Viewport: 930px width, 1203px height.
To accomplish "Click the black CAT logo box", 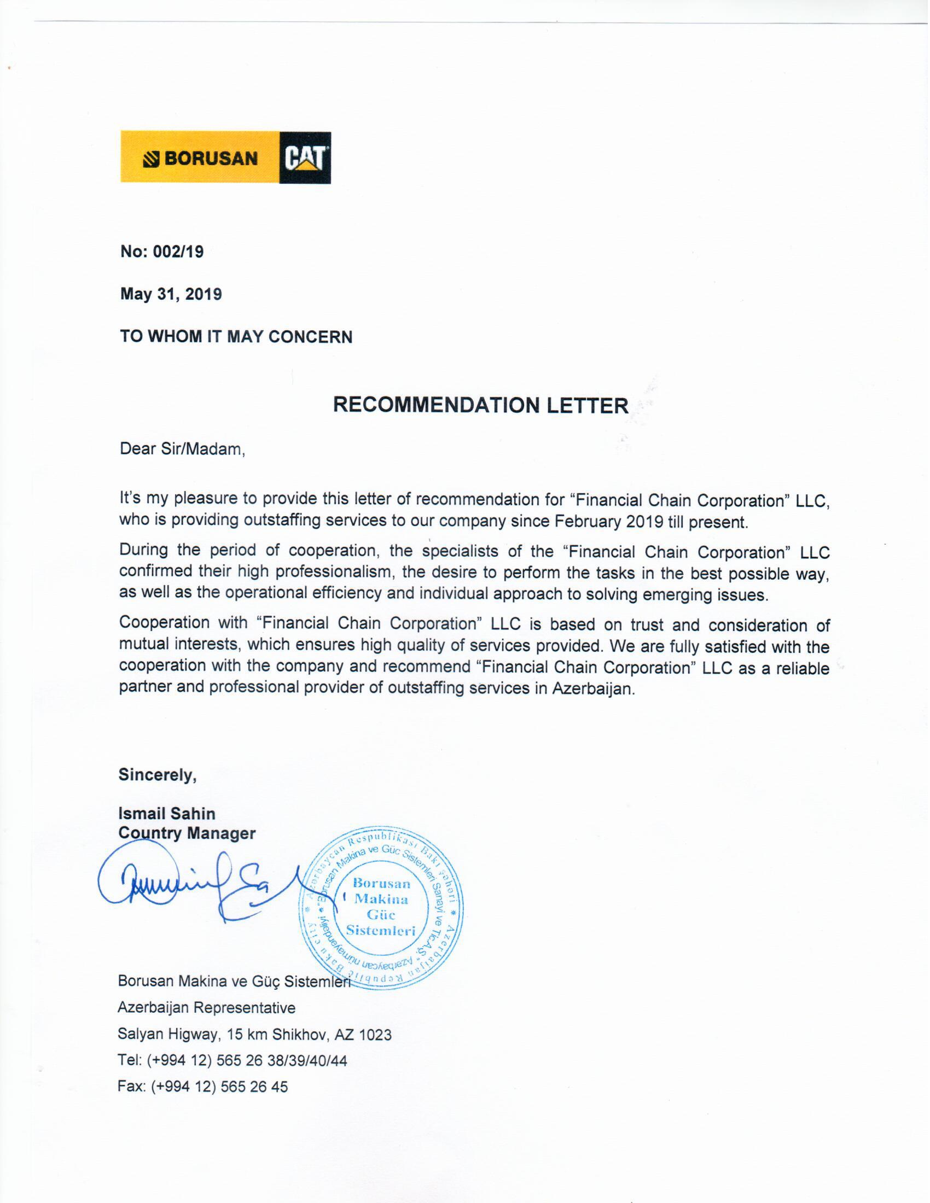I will tap(305, 157).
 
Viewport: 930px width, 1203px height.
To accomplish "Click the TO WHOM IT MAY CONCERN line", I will tap(236, 336).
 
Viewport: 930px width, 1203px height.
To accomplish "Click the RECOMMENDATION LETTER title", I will tap(480, 405).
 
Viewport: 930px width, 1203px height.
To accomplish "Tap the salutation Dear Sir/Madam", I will tap(182, 449).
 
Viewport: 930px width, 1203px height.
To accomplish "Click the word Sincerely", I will tap(158, 775).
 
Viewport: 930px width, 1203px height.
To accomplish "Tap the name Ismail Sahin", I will tap(166, 814).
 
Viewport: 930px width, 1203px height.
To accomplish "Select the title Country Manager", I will tap(187, 833).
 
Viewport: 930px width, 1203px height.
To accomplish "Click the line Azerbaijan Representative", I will tap(206, 1007).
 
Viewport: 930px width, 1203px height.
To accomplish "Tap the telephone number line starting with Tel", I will tap(232, 1060).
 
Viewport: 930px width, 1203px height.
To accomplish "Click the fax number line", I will tap(202, 1086).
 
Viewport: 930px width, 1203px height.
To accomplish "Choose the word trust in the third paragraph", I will tap(650, 624).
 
